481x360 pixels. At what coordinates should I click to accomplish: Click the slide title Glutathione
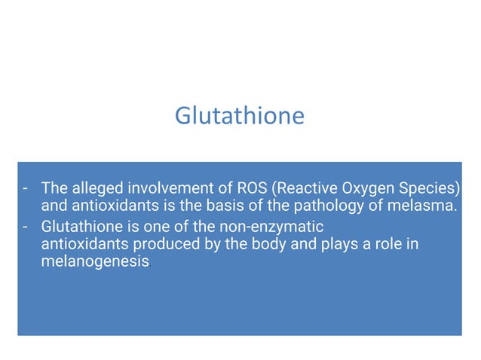click(240, 116)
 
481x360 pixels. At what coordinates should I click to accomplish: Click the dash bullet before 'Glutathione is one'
click(26, 226)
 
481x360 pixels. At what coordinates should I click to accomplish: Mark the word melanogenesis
click(94, 264)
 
